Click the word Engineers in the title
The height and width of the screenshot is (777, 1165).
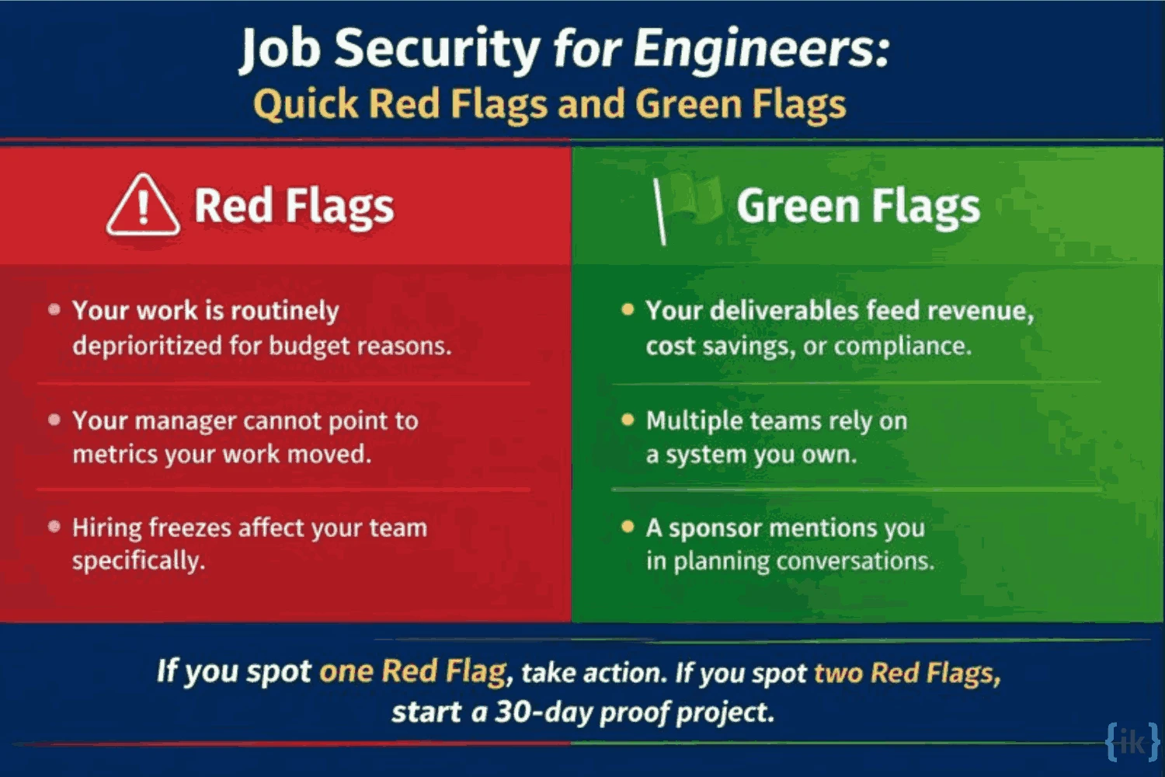[x=761, y=48]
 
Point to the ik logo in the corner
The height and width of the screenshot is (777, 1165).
[x=1132, y=741]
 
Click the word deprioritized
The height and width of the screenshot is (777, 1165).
[x=147, y=345]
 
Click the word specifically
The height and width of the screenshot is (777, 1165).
[x=138, y=561]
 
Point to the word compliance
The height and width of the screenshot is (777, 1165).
[x=902, y=346]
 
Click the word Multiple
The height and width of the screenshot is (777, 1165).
[x=694, y=421]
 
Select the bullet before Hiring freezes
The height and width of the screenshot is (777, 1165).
[x=54, y=527]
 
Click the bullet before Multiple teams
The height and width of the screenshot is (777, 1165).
[x=628, y=420]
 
